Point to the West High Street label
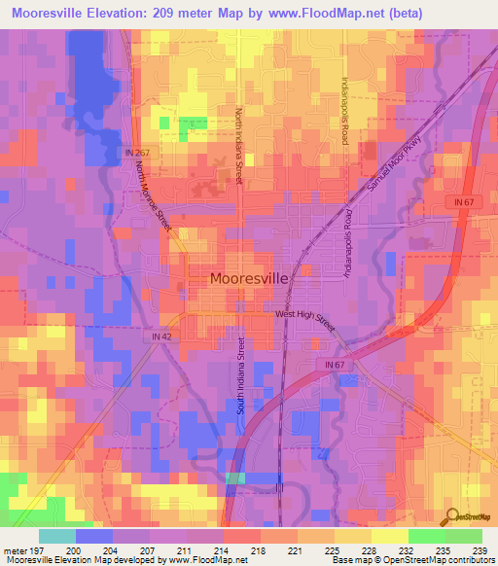coord(303,314)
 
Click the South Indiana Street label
coord(240,375)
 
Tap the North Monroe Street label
coord(153,195)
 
